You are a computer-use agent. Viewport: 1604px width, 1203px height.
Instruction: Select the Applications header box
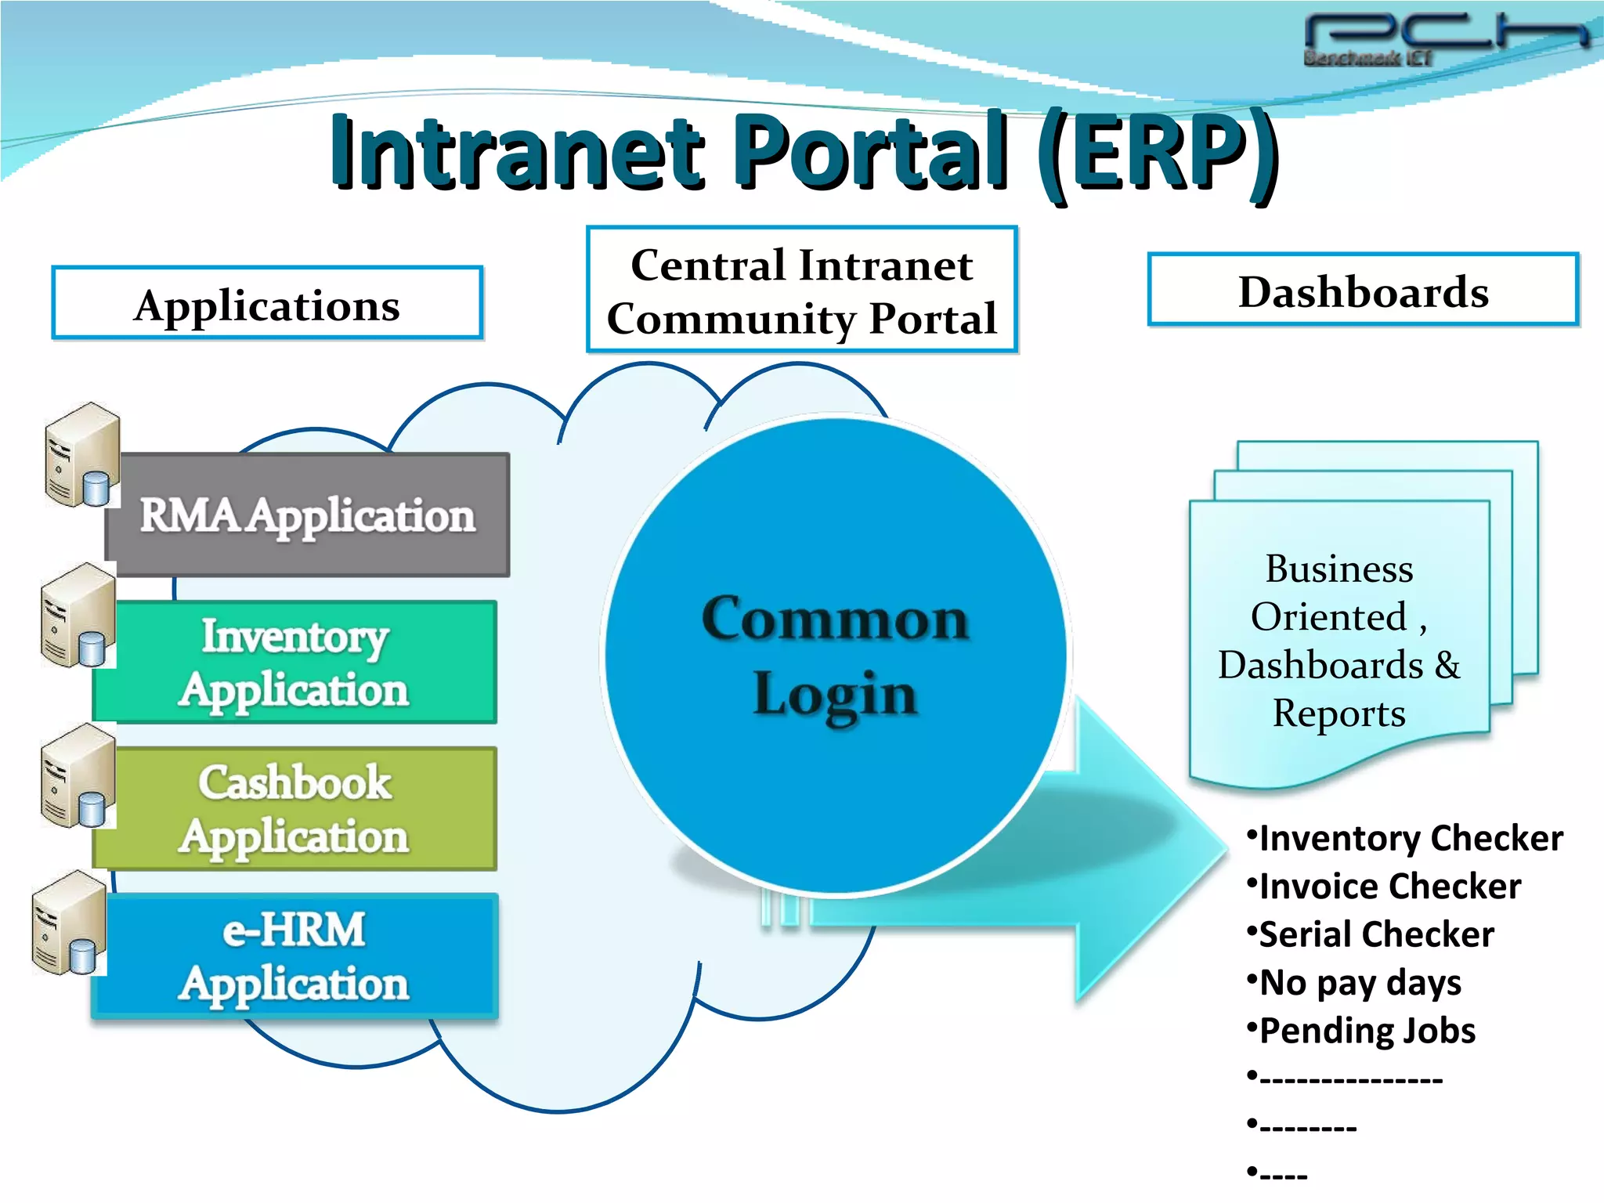[x=267, y=304]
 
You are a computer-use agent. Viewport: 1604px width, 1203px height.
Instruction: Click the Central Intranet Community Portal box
[x=802, y=291]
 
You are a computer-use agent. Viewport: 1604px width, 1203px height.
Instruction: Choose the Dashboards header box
[x=1363, y=291]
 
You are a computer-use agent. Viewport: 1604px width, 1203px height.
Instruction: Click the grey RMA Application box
[x=308, y=516]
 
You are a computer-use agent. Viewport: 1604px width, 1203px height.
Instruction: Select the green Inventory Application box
[x=294, y=663]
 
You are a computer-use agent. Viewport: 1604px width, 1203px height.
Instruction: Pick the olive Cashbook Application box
[x=294, y=809]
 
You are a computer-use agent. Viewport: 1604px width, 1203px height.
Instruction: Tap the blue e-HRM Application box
[x=294, y=956]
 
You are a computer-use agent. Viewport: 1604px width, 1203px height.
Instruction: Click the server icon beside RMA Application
[x=81, y=455]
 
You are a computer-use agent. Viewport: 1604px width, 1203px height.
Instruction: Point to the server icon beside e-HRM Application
[x=69, y=923]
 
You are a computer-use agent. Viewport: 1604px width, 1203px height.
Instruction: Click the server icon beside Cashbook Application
[x=77, y=775]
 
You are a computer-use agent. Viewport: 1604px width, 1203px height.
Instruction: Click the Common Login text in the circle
[x=836, y=656]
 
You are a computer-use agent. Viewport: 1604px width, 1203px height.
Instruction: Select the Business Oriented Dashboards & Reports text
[x=1339, y=641]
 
